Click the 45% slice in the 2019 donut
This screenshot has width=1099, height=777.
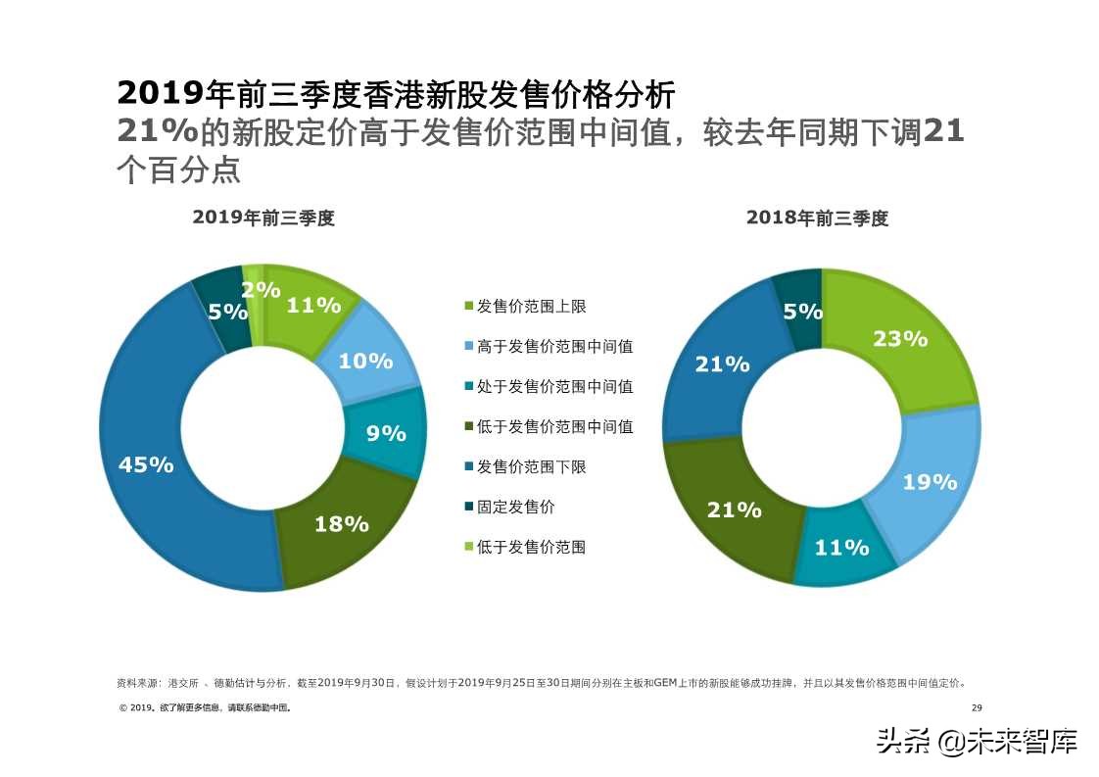pyautogui.click(x=147, y=464)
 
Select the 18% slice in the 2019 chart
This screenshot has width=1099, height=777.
pyautogui.click(x=341, y=523)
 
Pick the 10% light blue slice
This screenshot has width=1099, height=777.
pyautogui.click(x=365, y=361)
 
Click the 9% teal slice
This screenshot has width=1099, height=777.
pyautogui.click(x=386, y=432)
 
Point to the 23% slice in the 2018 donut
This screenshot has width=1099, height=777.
pyautogui.click(x=899, y=339)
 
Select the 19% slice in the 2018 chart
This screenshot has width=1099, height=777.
pyautogui.click(x=929, y=481)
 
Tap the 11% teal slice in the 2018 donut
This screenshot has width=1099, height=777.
pyautogui.click(x=842, y=548)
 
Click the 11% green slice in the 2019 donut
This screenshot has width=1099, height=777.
pyautogui.click(x=313, y=305)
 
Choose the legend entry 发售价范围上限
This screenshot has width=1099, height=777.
pyautogui.click(x=531, y=307)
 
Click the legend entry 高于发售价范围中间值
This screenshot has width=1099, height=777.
pyautogui.click(x=554, y=346)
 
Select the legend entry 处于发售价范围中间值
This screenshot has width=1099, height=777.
pyautogui.click(x=554, y=386)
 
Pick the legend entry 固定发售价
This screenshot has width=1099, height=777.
pyautogui.click(x=515, y=507)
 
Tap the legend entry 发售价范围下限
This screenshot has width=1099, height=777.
pyautogui.click(x=531, y=466)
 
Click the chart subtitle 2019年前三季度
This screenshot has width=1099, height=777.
pyautogui.click(x=263, y=219)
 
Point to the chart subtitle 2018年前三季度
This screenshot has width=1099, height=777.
pyautogui.click(x=817, y=219)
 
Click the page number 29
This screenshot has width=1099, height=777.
pyautogui.click(x=976, y=708)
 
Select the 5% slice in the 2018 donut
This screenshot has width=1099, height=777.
pyautogui.click(x=802, y=311)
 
